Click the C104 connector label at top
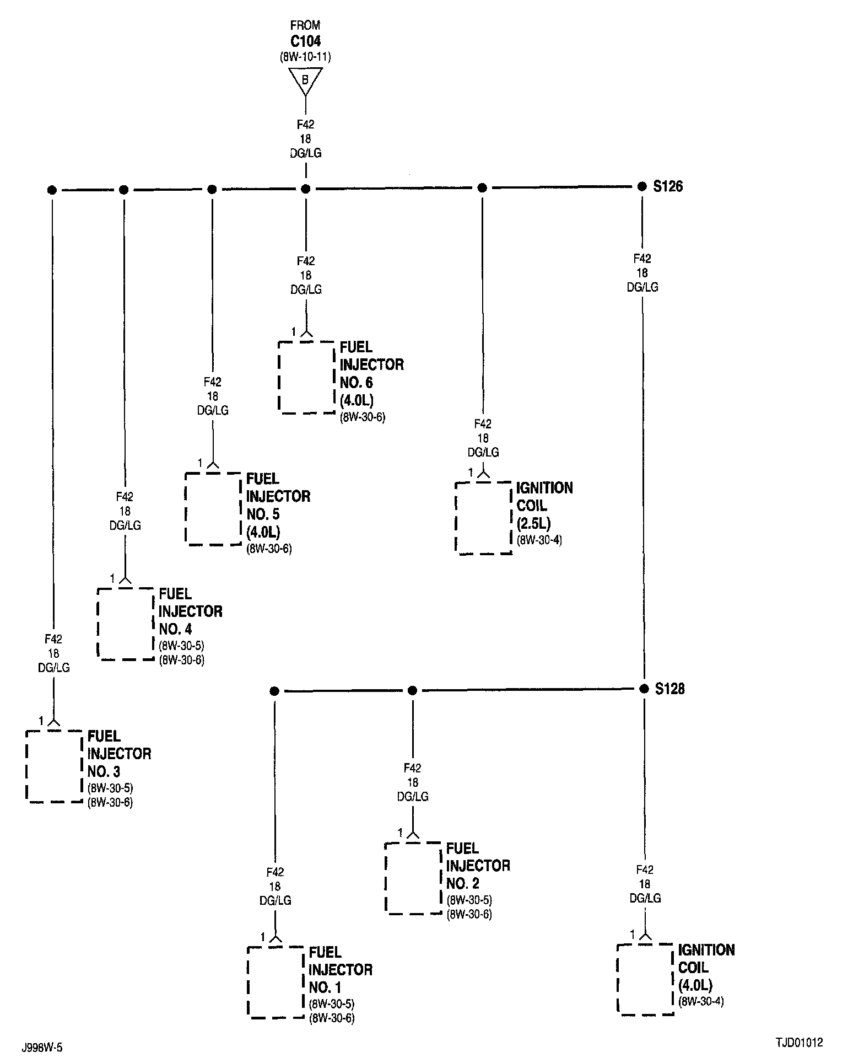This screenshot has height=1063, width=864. pos(305,41)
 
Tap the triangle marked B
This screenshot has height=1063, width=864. pos(305,80)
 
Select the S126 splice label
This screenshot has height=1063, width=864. pos(668,186)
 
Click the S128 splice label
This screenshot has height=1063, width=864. pos(669,689)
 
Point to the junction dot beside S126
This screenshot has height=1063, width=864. pos(642,187)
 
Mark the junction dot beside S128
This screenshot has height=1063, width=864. pos(644,689)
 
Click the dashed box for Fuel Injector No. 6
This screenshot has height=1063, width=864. pos(307,377)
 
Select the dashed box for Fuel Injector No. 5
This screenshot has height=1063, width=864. pos(213,509)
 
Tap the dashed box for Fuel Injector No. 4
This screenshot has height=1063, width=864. pos(126,624)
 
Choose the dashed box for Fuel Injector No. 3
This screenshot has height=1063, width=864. pos(54,766)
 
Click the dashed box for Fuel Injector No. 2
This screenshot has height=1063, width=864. pos(413,878)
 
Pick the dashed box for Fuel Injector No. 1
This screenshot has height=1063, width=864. pos(276,982)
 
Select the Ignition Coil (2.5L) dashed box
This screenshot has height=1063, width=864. pos(483,518)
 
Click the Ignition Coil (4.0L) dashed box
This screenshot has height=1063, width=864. pos(645,980)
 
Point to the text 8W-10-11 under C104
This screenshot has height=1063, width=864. pos(305,57)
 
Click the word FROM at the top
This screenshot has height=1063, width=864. pos(305,25)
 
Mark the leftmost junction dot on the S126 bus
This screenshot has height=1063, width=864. pos(52,190)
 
